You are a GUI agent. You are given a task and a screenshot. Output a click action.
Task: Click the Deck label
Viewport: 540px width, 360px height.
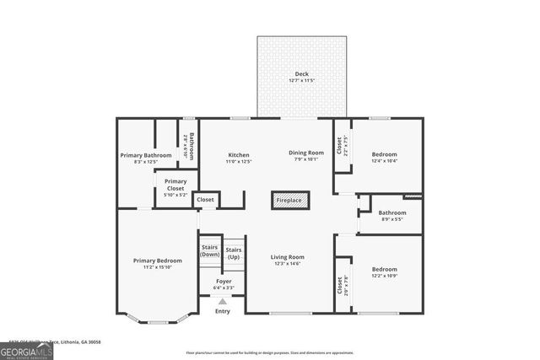pyautogui.click(x=301, y=74)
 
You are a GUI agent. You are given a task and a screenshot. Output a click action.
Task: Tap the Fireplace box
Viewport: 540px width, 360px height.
pyautogui.click(x=290, y=201)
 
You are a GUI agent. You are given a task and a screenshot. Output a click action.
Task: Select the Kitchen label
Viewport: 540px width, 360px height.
pyautogui.click(x=239, y=155)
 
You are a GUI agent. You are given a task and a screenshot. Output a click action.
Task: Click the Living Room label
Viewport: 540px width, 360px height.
pyautogui.click(x=287, y=256)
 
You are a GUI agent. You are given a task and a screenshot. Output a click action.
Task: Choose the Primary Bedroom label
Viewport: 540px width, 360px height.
pyautogui.click(x=157, y=261)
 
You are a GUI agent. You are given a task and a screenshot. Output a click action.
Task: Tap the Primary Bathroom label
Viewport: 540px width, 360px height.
pyautogui.click(x=146, y=155)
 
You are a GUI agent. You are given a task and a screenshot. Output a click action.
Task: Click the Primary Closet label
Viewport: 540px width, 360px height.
pyautogui.click(x=175, y=185)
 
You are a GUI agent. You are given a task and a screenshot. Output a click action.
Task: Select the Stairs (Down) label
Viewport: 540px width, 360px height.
pyautogui.click(x=209, y=250)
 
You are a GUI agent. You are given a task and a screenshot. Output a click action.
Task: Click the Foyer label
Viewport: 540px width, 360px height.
pyautogui.click(x=224, y=281)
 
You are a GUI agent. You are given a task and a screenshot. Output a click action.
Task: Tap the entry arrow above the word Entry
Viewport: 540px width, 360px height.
pyautogui.click(x=223, y=301)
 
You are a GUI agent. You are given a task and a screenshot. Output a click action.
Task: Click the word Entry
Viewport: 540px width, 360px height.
pyautogui.click(x=223, y=311)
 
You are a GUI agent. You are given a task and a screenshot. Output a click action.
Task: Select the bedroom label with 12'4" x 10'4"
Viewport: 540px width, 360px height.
pyautogui.click(x=385, y=155)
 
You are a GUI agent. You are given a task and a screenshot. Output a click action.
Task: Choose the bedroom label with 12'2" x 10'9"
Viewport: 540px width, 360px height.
pyautogui.click(x=385, y=271)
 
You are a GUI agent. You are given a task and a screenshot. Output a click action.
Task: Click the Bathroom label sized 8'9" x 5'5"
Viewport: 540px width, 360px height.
pyautogui.click(x=392, y=212)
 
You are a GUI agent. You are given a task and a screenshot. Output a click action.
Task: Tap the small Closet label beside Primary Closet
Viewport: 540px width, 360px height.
pyautogui.click(x=206, y=200)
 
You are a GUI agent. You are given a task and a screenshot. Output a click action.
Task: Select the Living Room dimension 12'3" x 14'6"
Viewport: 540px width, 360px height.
pyautogui.click(x=287, y=264)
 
